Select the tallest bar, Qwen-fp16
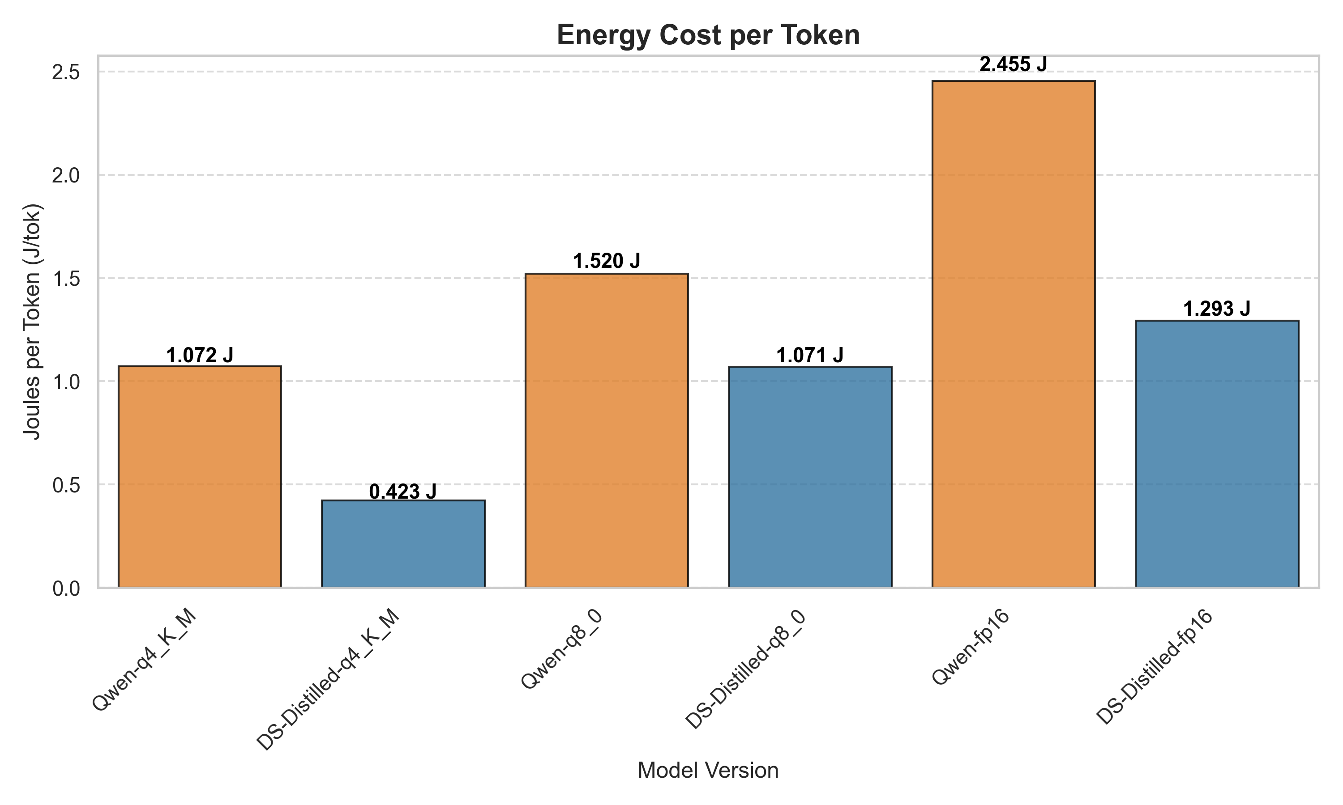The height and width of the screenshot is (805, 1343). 1013,334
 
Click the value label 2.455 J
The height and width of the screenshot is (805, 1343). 1013,64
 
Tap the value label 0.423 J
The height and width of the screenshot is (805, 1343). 403,491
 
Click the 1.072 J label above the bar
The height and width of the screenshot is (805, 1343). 199,355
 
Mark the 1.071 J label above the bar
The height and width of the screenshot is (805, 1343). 809,355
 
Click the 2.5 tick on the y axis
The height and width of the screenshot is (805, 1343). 66,72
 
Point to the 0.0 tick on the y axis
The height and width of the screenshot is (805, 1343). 66,589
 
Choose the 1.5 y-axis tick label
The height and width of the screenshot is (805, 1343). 66,279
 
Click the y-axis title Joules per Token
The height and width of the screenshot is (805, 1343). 33,321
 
